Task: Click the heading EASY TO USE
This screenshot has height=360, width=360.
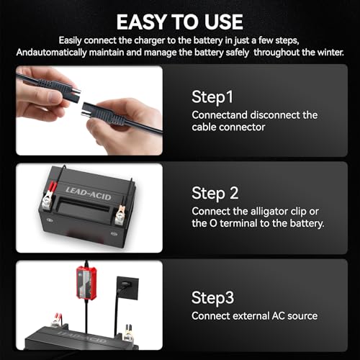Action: [x=180, y=22]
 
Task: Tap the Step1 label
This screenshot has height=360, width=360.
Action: [x=212, y=97]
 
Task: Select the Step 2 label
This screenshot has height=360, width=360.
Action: [x=215, y=193]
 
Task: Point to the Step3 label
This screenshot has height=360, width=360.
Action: [x=212, y=298]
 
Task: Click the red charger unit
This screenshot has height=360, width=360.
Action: [x=86, y=282]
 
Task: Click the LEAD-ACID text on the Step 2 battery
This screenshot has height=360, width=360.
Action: [x=89, y=194]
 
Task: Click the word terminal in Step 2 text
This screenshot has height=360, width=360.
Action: [x=238, y=223]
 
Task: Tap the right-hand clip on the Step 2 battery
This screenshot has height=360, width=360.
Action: [x=120, y=215]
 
